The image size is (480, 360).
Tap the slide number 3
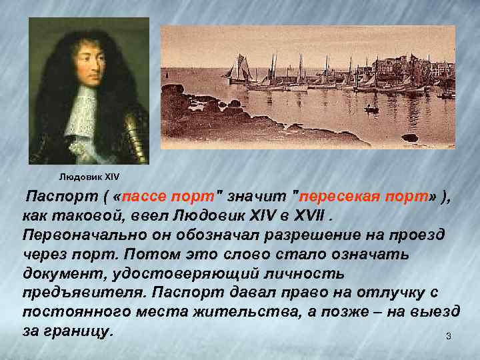448,336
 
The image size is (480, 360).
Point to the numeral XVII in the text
304,216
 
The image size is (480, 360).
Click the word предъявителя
83,293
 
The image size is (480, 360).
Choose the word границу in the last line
83,331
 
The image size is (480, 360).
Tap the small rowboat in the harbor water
371,109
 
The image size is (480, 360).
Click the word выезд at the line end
437,312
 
